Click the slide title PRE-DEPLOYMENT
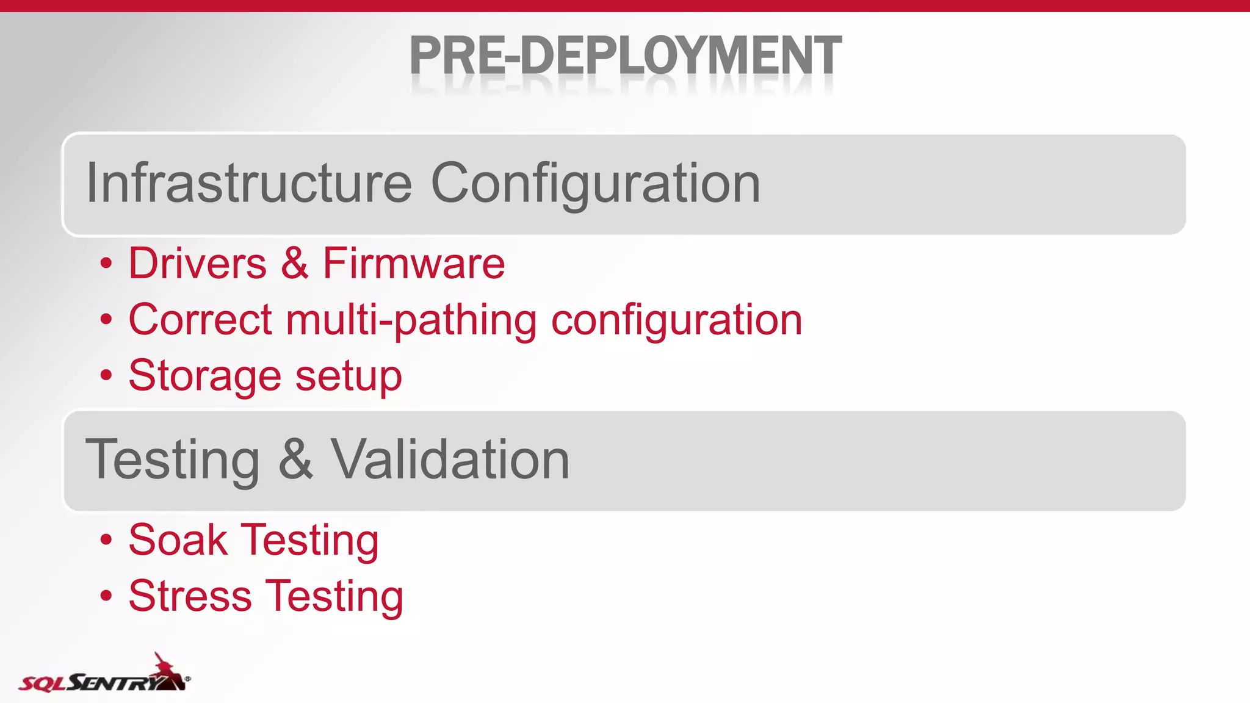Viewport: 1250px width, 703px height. click(625, 56)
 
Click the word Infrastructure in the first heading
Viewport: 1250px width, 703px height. click(249, 182)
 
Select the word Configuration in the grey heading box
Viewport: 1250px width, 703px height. click(596, 184)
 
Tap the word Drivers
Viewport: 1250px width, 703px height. click(197, 264)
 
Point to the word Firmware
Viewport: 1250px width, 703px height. click(413, 264)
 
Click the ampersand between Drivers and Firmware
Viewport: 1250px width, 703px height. click(295, 264)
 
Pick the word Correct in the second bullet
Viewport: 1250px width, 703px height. click(200, 320)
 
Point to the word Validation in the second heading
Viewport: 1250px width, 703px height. click(450, 460)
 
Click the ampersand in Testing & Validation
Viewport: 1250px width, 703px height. click(295, 460)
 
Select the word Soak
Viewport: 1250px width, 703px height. click(178, 540)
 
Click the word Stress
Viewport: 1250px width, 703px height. click(190, 596)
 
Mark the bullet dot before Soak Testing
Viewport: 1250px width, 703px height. click(106, 539)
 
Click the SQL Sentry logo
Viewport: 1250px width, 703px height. click(104, 674)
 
